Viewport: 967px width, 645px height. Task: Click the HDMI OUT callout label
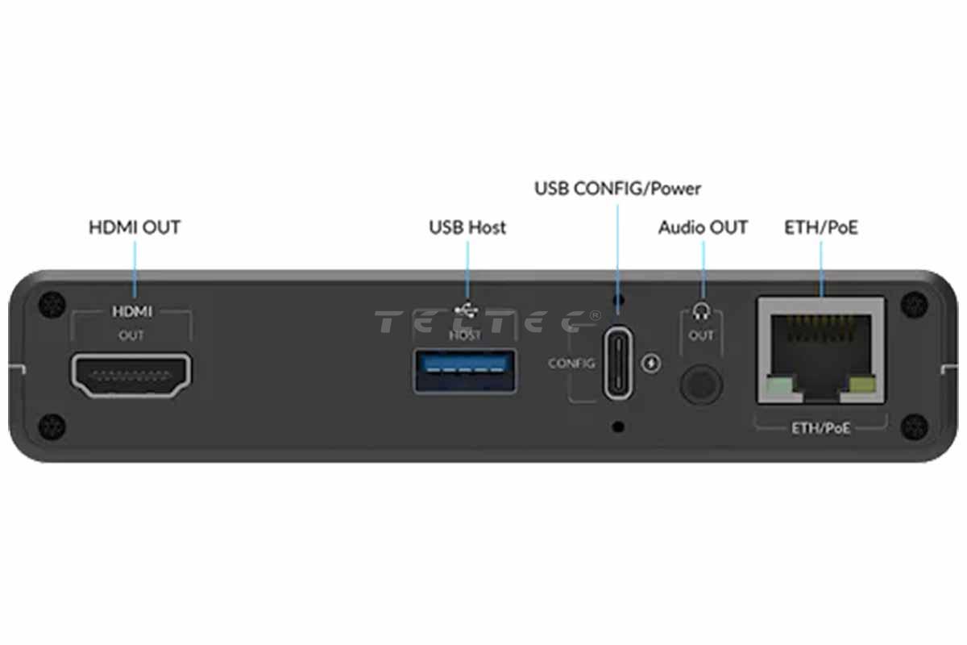[135, 227]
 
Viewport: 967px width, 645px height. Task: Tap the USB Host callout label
[467, 227]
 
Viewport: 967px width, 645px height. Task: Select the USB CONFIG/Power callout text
[617, 189]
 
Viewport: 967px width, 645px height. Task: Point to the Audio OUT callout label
[703, 227]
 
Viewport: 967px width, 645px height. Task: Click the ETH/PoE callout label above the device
[821, 227]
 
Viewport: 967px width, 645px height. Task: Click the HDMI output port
[132, 377]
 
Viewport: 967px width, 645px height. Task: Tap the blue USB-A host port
[466, 370]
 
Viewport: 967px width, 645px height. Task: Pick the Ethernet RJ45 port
[820, 351]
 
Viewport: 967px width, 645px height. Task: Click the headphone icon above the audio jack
[701, 311]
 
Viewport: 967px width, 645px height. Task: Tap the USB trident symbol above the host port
[466, 309]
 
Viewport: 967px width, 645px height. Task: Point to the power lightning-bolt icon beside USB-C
[652, 363]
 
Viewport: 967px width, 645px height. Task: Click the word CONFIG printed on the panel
[571, 364]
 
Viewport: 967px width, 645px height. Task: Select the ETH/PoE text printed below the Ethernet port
[820, 427]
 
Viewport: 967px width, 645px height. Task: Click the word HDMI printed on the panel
[132, 311]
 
